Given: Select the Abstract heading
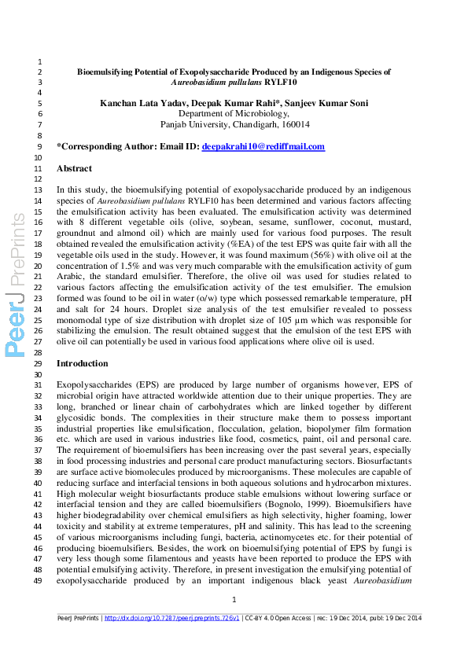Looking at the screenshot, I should point(74,169).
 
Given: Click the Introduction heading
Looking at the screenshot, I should point(83,364).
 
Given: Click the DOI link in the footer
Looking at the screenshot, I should point(172,619).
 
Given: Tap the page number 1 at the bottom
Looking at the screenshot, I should point(234,601).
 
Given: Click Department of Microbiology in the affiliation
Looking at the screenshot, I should point(234,114).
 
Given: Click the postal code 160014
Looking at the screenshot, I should point(295,125).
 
